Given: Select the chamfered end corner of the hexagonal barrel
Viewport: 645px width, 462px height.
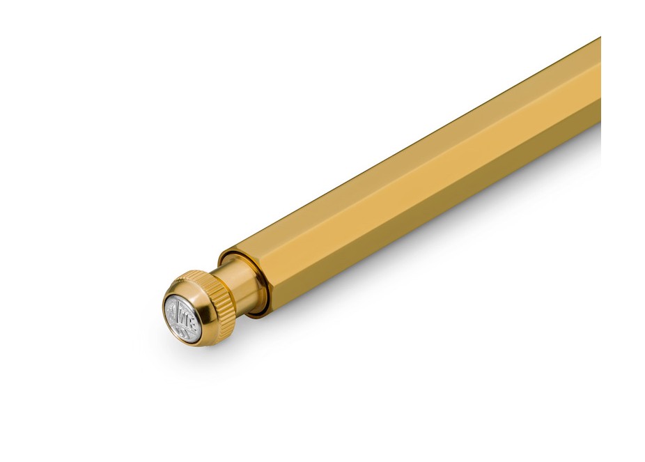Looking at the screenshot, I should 230,251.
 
